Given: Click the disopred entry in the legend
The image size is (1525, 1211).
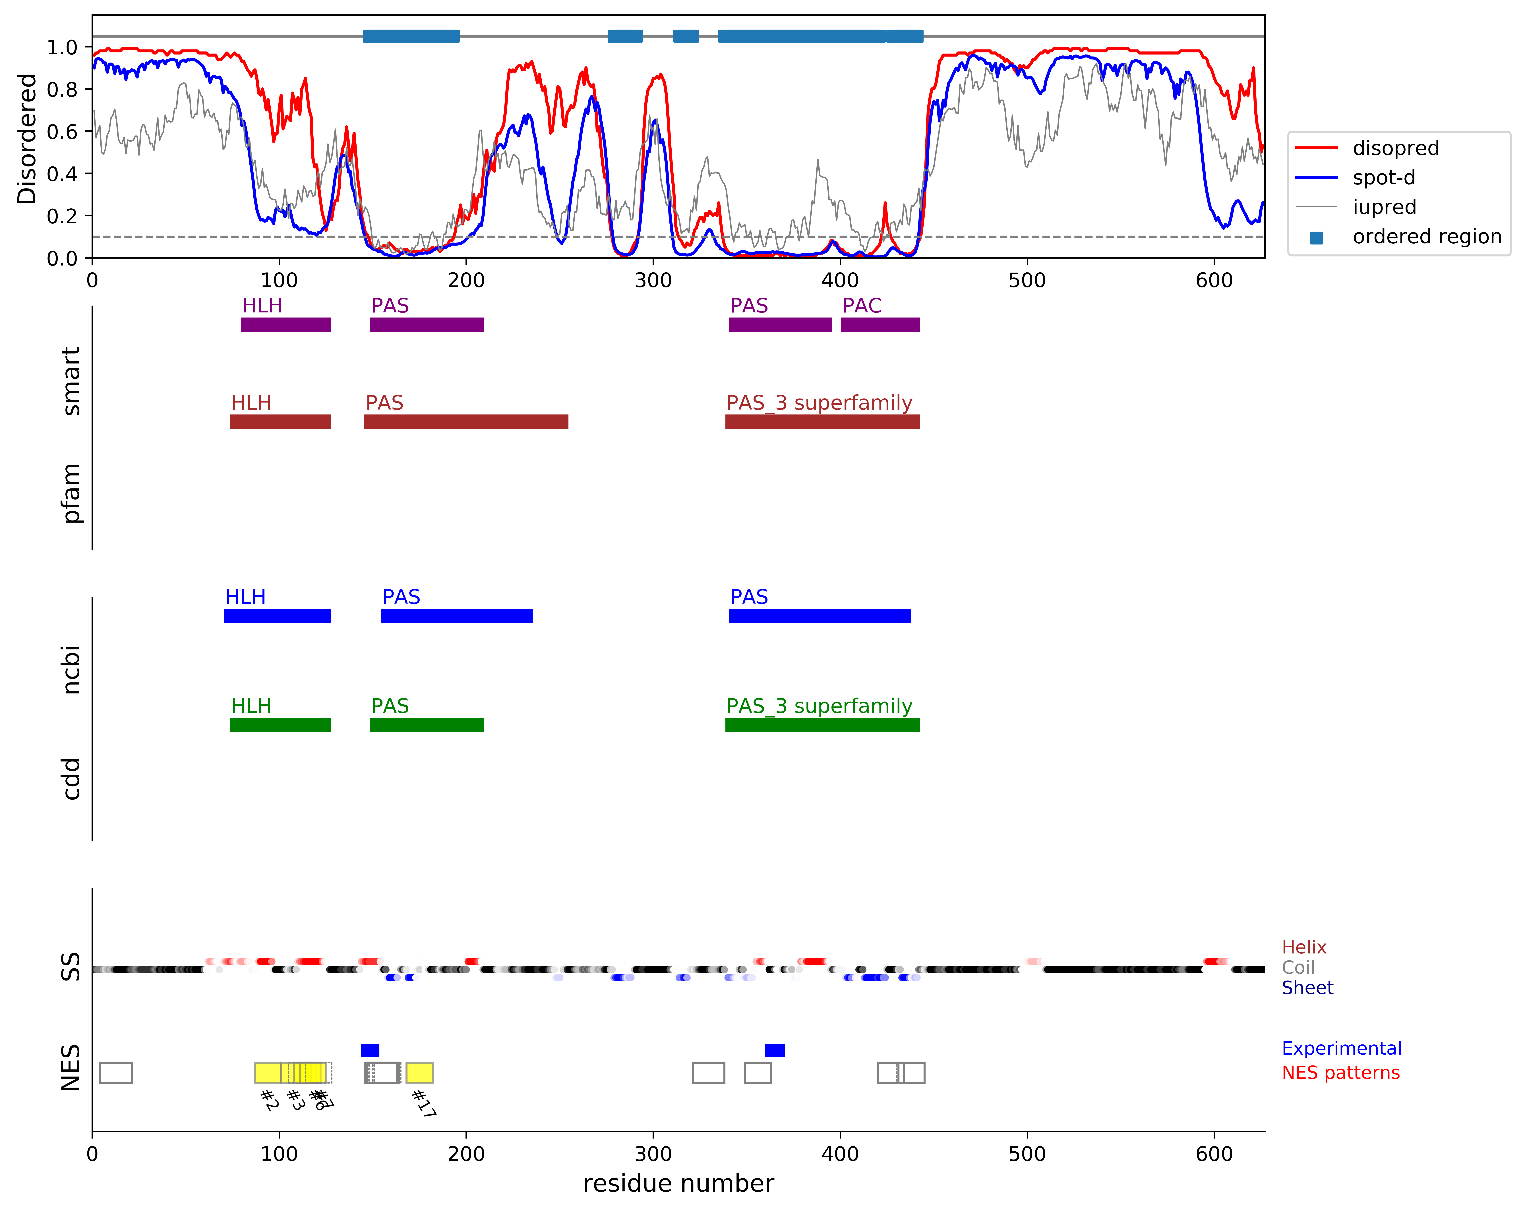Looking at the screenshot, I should click(x=1395, y=148).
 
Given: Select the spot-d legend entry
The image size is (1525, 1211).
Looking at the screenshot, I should click(x=1384, y=178).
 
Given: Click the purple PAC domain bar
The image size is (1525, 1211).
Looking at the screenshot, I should click(x=880, y=325).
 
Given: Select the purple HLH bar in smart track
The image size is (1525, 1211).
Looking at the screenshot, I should click(x=286, y=325).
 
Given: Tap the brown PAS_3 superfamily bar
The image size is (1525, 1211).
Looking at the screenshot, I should click(x=822, y=422).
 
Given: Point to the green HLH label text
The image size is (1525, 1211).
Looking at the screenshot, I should click(x=251, y=706).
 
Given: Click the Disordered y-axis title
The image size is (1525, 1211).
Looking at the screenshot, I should click(x=27, y=139).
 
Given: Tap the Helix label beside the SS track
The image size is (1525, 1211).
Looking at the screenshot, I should click(x=1304, y=947).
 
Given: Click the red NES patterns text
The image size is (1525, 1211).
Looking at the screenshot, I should click(x=1340, y=1073).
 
